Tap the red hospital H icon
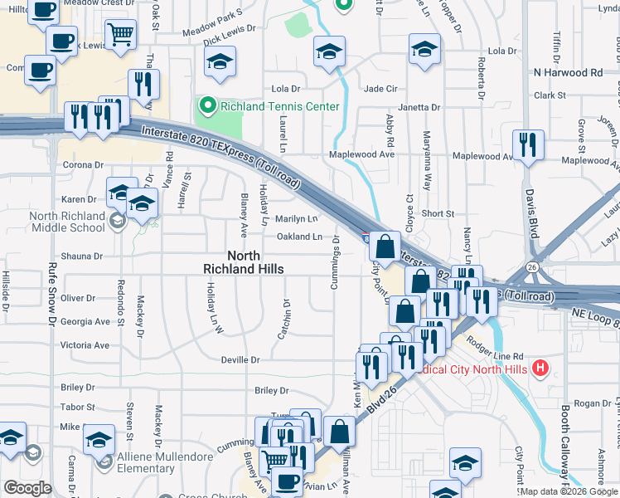tap(540, 367)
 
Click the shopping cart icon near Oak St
tap(121, 35)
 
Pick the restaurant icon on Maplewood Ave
tap(527, 145)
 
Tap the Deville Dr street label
tap(240, 360)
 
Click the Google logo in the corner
tap(27, 487)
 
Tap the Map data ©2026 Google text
tap(569, 491)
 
